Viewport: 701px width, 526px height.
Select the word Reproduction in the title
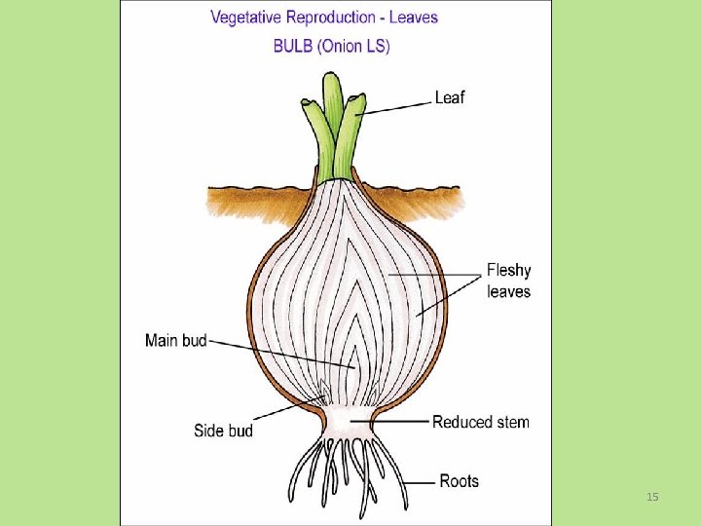(335, 18)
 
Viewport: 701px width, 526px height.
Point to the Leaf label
(449, 97)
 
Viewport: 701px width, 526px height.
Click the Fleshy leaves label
(508, 281)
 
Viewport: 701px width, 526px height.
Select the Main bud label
(175, 340)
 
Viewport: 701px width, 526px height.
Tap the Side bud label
(223, 431)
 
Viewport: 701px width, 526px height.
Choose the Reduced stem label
(481, 422)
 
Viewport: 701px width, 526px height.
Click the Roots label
(460, 480)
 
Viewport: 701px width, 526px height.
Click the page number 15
(652, 498)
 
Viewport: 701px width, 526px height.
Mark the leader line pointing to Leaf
(394, 105)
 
